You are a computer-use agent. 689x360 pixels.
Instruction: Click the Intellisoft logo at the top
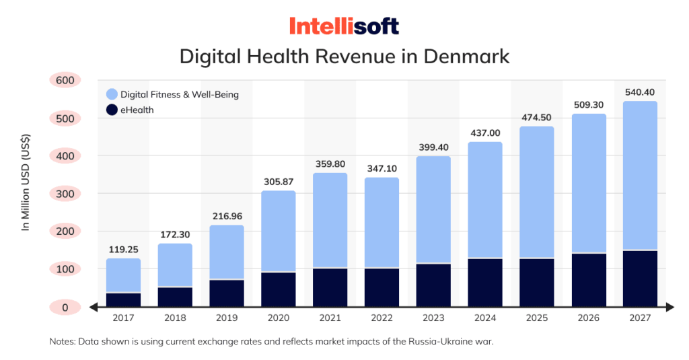[344, 26]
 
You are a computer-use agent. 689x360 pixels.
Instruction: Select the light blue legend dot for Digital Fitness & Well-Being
[112, 94]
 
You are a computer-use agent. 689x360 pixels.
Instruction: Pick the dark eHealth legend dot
[112, 110]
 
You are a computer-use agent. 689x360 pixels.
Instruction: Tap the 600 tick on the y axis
[65, 80]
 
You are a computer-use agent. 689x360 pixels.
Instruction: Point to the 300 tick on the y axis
[65, 194]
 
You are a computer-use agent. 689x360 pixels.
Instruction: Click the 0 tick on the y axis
[65, 308]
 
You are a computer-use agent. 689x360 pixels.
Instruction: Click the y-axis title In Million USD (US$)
[26, 182]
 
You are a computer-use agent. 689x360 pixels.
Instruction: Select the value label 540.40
[640, 92]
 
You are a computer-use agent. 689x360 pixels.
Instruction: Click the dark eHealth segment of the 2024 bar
[485, 283]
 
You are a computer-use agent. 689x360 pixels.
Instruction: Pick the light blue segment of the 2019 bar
[227, 252]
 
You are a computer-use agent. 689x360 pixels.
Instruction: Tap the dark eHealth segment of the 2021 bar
[330, 287]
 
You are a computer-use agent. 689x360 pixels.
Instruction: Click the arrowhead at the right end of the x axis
[670, 308]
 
